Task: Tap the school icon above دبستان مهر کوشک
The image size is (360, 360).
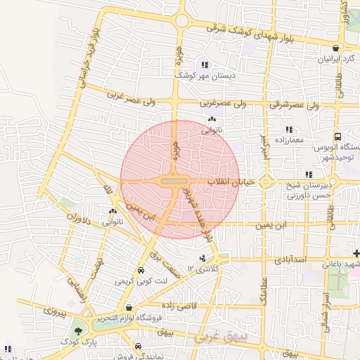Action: (x=204, y=65)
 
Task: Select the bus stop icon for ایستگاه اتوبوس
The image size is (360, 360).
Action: (x=337, y=137)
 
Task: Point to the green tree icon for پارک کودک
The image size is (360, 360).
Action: (x=77, y=330)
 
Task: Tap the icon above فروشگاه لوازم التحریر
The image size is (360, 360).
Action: (x=129, y=307)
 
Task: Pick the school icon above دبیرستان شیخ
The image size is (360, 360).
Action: (x=308, y=174)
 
